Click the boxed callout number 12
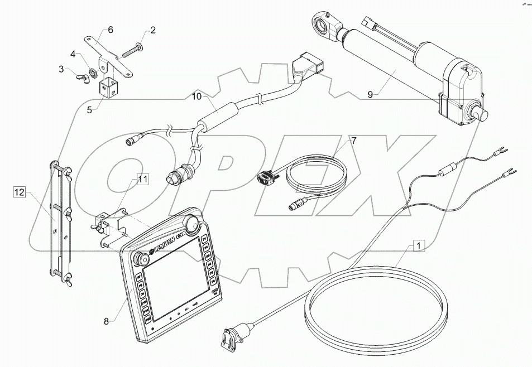coord(20,193)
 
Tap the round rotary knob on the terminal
coord(194,223)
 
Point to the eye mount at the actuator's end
coord(324,24)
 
